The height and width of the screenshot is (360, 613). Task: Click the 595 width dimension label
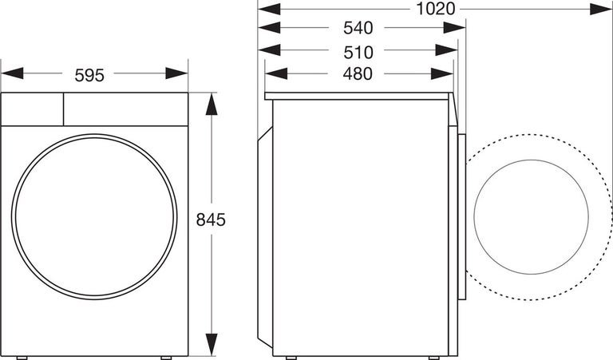89,76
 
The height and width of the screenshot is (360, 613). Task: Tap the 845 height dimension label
211,220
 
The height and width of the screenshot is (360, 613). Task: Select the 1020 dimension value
436,9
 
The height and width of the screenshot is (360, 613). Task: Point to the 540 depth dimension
358,28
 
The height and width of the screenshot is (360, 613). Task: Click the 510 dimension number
358,53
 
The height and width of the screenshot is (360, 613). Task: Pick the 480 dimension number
358,74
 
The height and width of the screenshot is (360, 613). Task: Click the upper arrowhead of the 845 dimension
212,104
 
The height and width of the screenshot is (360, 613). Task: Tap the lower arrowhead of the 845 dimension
212,345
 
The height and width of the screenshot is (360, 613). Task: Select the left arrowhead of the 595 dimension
12,73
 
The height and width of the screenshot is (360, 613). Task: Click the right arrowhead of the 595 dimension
176,73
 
